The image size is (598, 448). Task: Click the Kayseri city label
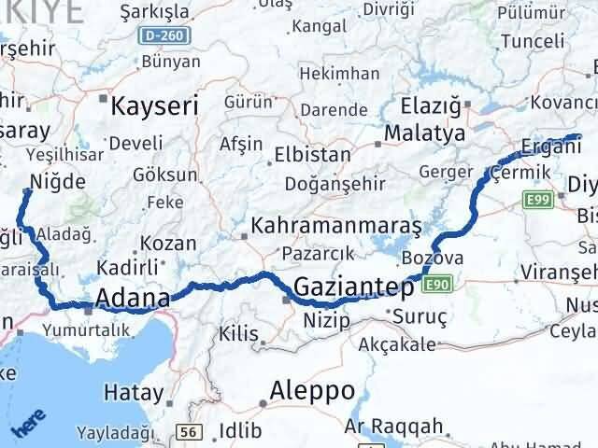click(155, 106)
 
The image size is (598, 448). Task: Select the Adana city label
click(133, 300)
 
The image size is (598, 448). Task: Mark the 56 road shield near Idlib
click(190, 431)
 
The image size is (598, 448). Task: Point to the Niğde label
click(58, 181)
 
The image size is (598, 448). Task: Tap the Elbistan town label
click(312, 155)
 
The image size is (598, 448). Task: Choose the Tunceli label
click(533, 41)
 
